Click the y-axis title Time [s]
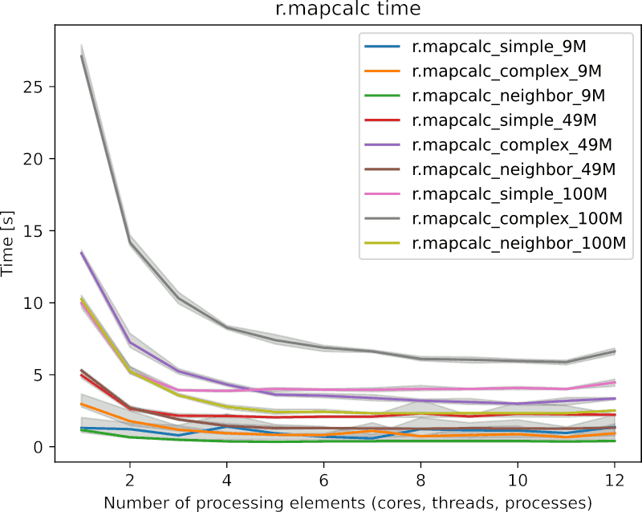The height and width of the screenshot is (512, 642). point(12,245)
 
